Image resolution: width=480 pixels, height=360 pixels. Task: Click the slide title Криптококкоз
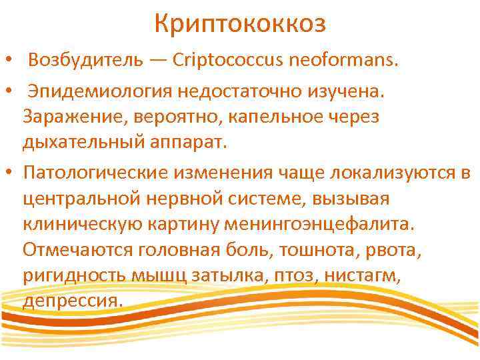[x=240, y=25]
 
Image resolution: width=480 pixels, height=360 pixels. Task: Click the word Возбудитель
[x=85, y=61]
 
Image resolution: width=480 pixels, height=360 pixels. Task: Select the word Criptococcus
[x=228, y=61]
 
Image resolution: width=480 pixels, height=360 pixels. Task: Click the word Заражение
[x=72, y=117]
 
